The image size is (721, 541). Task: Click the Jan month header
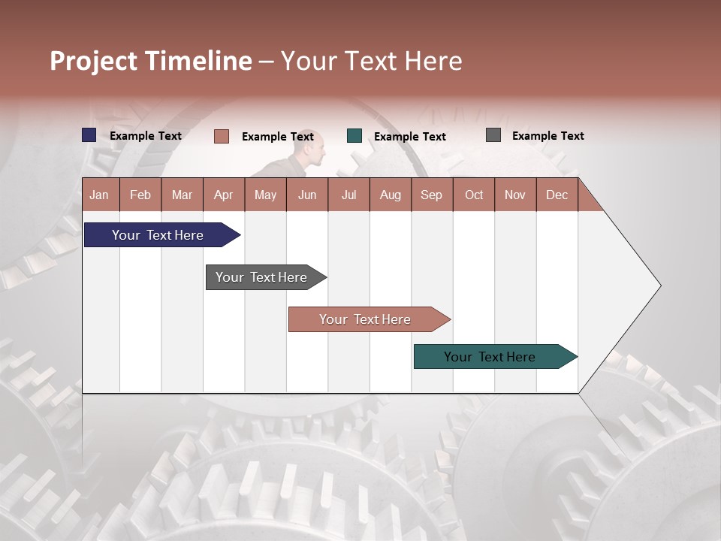(x=100, y=195)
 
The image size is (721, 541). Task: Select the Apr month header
(x=224, y=195)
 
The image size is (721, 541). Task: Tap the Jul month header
(x=348, y=195)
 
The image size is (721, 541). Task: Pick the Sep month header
(x=432, y=195)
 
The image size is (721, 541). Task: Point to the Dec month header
(x=557, y=195)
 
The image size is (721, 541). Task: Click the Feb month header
(x=140, y=195)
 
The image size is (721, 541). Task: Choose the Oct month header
(x=474, y=195)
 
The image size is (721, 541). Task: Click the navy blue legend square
(x=89, y=135)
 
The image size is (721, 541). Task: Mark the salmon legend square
(x=222, y=136)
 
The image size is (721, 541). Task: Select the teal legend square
(x=354, y=136)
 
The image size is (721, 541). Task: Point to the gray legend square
(x=493, y=135)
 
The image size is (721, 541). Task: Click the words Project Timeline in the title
(x=151, y=61)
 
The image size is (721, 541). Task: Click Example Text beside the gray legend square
(x=548, y=136)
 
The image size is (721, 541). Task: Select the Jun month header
(x=307, y=195)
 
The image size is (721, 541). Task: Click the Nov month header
(x=515, y=195)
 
